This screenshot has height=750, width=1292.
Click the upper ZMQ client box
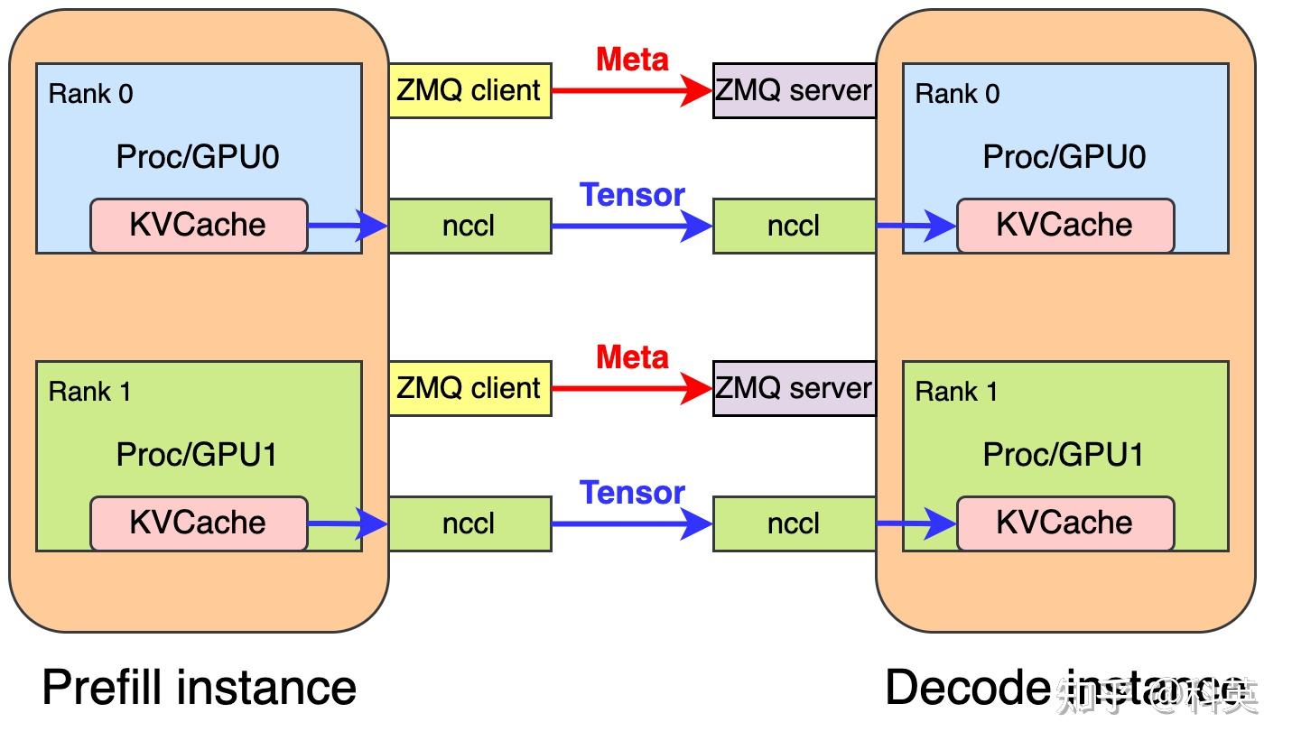[469, 90]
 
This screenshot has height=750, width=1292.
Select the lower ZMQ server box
[794, 388]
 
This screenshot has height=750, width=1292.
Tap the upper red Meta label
[632, 60]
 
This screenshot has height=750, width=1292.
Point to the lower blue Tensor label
[632, 493]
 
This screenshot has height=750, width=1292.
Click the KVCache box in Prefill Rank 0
[199, 225]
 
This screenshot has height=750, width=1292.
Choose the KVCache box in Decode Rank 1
[1064, 523]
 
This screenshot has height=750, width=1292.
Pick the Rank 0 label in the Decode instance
[957, 94]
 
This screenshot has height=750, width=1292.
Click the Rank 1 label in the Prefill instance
[89, 392]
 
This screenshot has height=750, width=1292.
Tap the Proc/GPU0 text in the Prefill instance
[198, 157]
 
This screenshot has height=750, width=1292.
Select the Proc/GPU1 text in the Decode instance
[1064, 455]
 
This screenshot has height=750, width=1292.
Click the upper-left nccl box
[469, 226]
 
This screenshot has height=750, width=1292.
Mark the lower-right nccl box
[794, 523]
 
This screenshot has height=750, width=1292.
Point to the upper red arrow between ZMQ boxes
[632, 90]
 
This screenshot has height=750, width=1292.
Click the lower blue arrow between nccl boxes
[632, 523]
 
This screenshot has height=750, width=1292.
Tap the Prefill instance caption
[199, 688]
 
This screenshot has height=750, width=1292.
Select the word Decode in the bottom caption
[966, 688]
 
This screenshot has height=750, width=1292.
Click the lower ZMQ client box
[469, 388]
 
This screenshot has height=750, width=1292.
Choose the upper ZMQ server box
[794, 90]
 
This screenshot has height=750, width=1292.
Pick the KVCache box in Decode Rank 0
[1064, 225]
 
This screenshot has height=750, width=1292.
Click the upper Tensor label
[632, 195]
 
